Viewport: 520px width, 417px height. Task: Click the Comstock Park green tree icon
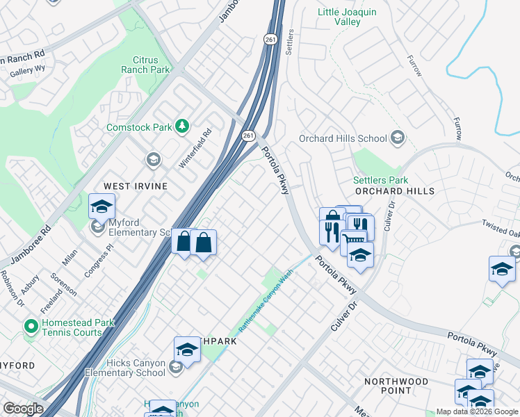pos(181,126)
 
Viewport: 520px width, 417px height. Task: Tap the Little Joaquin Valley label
pos(348,17)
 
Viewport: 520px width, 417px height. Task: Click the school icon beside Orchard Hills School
pos(398,137)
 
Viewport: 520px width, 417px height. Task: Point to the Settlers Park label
pos(380,180)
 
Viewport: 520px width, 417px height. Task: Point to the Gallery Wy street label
pos(27,68)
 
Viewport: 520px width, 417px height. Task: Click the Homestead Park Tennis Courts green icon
pos(30,325)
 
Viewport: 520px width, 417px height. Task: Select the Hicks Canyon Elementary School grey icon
pos(176,368)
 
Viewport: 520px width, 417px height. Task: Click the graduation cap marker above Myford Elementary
pos(101,206)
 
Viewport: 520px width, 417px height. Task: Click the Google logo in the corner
pos(23,409)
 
